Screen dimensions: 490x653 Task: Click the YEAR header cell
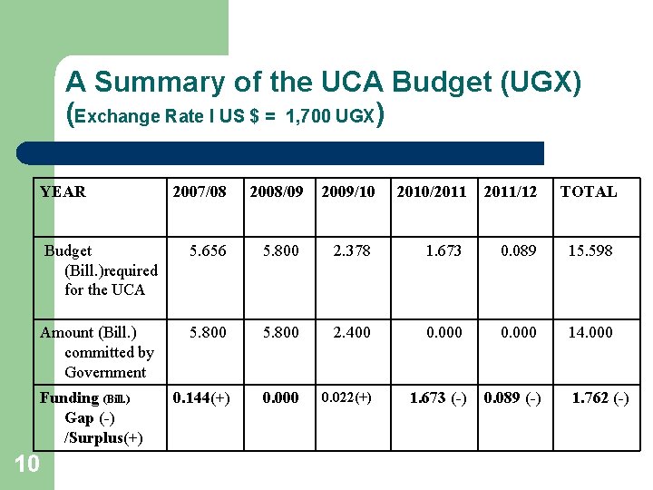pos(63,191)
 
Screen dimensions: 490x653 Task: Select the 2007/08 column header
pos(200,191)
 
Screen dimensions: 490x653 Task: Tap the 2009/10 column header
pos(348,191)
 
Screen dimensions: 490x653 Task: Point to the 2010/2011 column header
pos(432,191)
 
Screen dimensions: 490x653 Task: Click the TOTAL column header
pos(589,191)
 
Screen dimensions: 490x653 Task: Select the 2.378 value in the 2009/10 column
pos(352,250)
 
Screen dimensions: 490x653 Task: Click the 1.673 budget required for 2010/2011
pos(443,250)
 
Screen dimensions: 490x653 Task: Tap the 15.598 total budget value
pos(590,250)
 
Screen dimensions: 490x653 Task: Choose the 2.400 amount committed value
pos(352,332)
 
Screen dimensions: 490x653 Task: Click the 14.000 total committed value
pos(590,332)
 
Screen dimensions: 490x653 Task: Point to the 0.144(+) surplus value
pos(201,397)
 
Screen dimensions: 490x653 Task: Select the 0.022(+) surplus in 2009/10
pos(346,397)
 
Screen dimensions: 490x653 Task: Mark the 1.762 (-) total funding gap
pos(599,397)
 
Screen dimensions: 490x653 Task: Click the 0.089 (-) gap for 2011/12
pos(512,397)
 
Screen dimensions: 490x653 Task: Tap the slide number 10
pos(27,465)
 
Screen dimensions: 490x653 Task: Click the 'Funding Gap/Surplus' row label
pos(91,417)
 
